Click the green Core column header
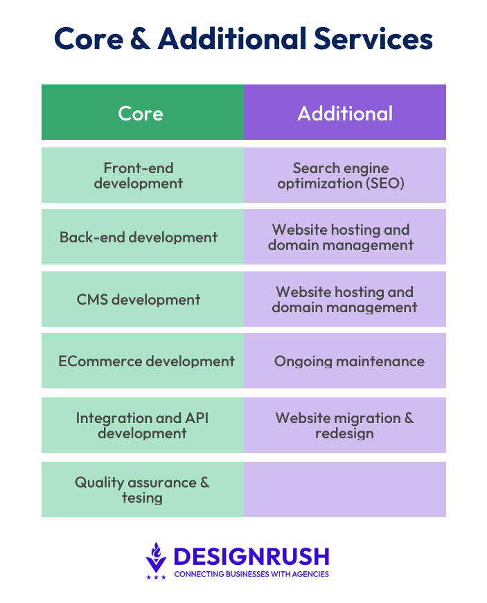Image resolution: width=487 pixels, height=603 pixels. tap(143, 112)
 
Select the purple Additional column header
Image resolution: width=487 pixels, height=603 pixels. tap(345, 112)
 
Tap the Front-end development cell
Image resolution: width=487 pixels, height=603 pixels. tap(143, 175)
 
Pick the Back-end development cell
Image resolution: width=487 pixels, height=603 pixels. tap(143, 237)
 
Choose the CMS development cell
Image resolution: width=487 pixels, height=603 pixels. tap(143, 299)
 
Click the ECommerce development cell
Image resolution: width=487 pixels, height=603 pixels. tap(143, 361)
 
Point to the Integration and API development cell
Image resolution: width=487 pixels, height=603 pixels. tap(143, 425)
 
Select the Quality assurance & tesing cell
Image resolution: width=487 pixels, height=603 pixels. tap(143, 489)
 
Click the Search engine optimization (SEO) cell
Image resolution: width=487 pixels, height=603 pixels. tap(345, 175)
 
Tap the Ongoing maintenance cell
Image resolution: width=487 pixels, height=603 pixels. tap(345, 361)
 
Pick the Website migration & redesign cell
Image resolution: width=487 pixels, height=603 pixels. tap(345, 425)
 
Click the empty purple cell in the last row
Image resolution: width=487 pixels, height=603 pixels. tap(345, 489)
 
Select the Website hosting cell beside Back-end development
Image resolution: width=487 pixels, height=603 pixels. tap(345, 237)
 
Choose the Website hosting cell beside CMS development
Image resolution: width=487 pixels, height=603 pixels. tap(345, 299)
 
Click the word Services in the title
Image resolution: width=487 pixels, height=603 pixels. tap(373, 39)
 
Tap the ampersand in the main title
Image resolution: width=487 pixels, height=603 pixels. tap(141, 39)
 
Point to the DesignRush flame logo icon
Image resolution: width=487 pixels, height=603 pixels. tap(156, 557)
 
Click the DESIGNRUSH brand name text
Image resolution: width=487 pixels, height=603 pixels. tap(251, 557)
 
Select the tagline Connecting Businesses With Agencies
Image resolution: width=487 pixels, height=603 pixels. tap(251, 574)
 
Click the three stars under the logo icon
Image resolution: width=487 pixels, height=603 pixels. tap(156, 577)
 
